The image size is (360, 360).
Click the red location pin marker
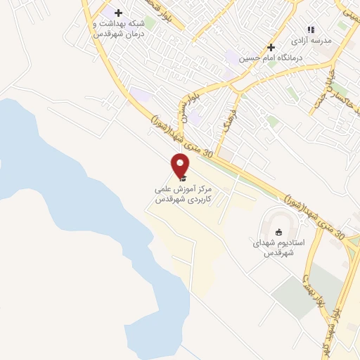[x=181, y=166]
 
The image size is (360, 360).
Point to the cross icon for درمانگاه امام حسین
[x=270, y=46]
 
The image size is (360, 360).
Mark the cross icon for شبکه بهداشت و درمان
[x=118, y=13]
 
